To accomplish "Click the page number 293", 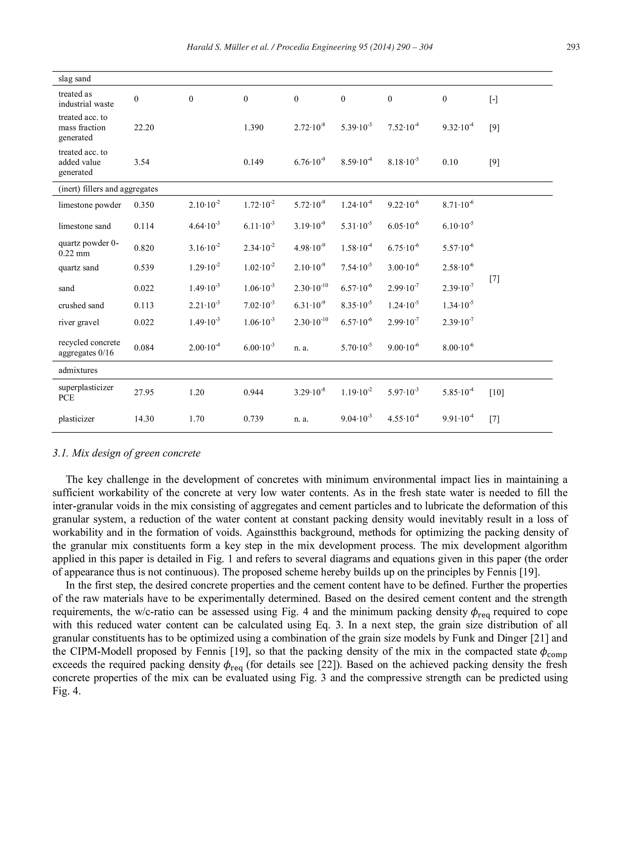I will (573, 47).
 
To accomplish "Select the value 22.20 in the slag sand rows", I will (144, 128).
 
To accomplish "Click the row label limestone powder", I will (90, 205).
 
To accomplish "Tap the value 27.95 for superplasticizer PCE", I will (144, 392).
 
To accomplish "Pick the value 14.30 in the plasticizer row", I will (144, 419).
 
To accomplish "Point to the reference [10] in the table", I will (496, 392).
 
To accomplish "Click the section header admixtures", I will (78, 370).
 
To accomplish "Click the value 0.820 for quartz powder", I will (144, 248).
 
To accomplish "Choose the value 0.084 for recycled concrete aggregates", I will (144, 348).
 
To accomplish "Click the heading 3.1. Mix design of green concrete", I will (126, 453).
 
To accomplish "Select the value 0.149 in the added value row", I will (253, 162).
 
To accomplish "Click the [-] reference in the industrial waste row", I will (493, 99).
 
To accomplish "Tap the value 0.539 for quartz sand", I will (144, 268).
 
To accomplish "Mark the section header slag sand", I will (75, 78).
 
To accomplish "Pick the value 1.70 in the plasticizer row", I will (196, 419).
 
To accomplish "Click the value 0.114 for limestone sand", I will (144, 226).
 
